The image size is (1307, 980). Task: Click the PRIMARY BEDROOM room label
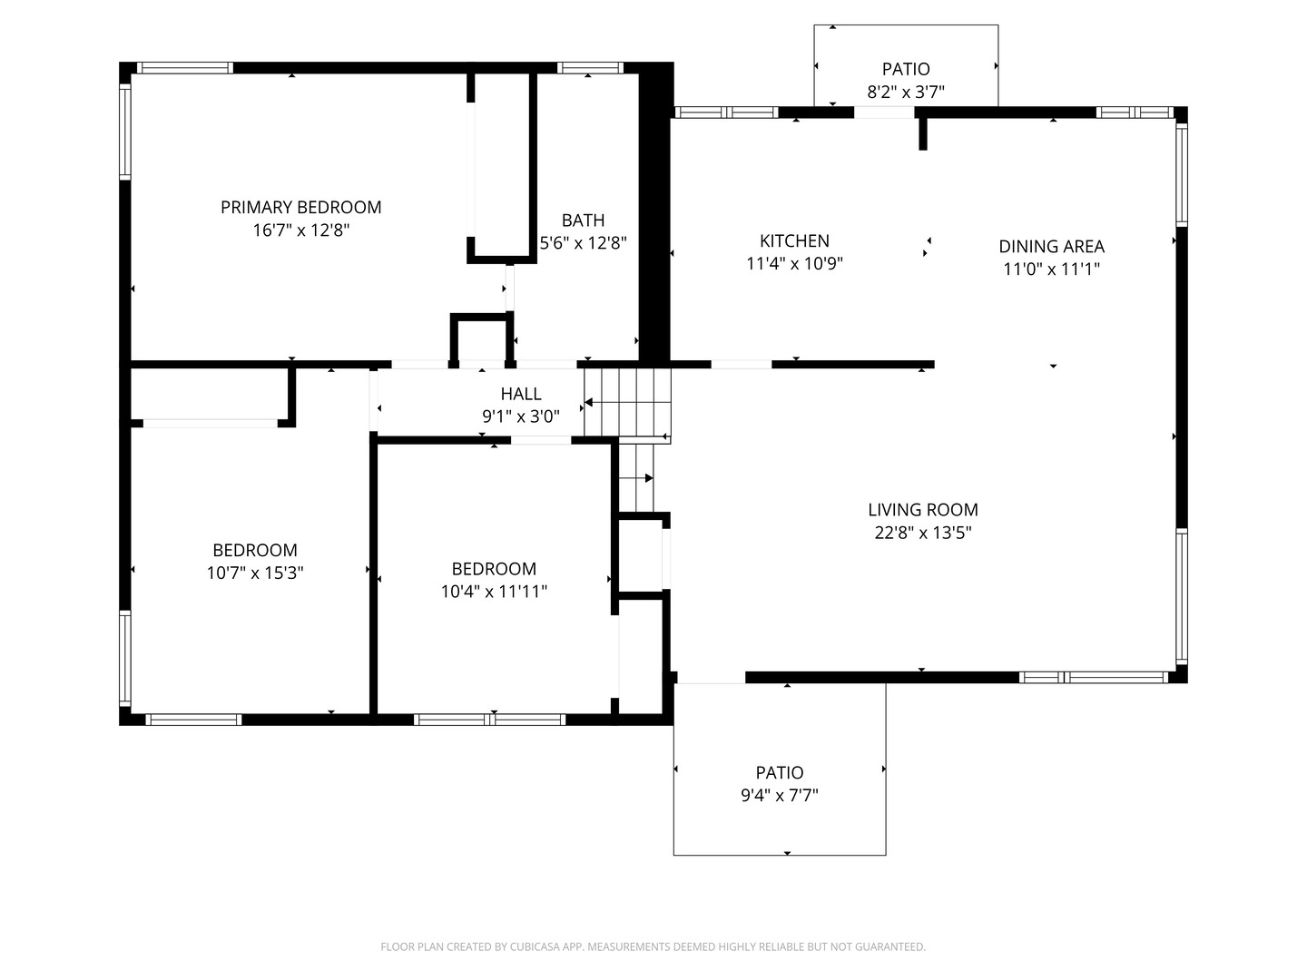click(300, 207)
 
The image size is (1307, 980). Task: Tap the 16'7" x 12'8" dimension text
click(300, 230)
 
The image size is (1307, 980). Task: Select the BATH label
click(583, 220)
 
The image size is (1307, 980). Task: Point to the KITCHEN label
click(794, 240)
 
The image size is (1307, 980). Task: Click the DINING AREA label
click(1051, 246)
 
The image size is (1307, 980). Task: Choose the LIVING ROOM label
click(922, 510)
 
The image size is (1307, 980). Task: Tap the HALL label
click(521, 394)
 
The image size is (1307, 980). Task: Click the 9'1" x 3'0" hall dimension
click(521, 416)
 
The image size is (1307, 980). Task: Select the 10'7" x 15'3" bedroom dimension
click(255, 573)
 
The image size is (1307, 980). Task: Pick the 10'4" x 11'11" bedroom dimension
click(494, 592)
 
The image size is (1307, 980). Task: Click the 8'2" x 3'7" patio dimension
click(906, 92)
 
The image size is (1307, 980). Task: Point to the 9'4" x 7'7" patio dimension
click(780, 796)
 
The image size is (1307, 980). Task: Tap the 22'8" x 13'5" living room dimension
click(922, 533)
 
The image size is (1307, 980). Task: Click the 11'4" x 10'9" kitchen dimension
click(794, 264)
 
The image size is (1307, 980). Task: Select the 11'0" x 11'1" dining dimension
click(1051, 269)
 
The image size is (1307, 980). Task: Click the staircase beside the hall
click(627, 404)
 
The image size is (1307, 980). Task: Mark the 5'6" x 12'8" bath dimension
click(583, 243)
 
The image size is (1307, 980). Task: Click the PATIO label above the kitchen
click(906, 69)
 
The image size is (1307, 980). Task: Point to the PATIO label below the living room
click(780, 772)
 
